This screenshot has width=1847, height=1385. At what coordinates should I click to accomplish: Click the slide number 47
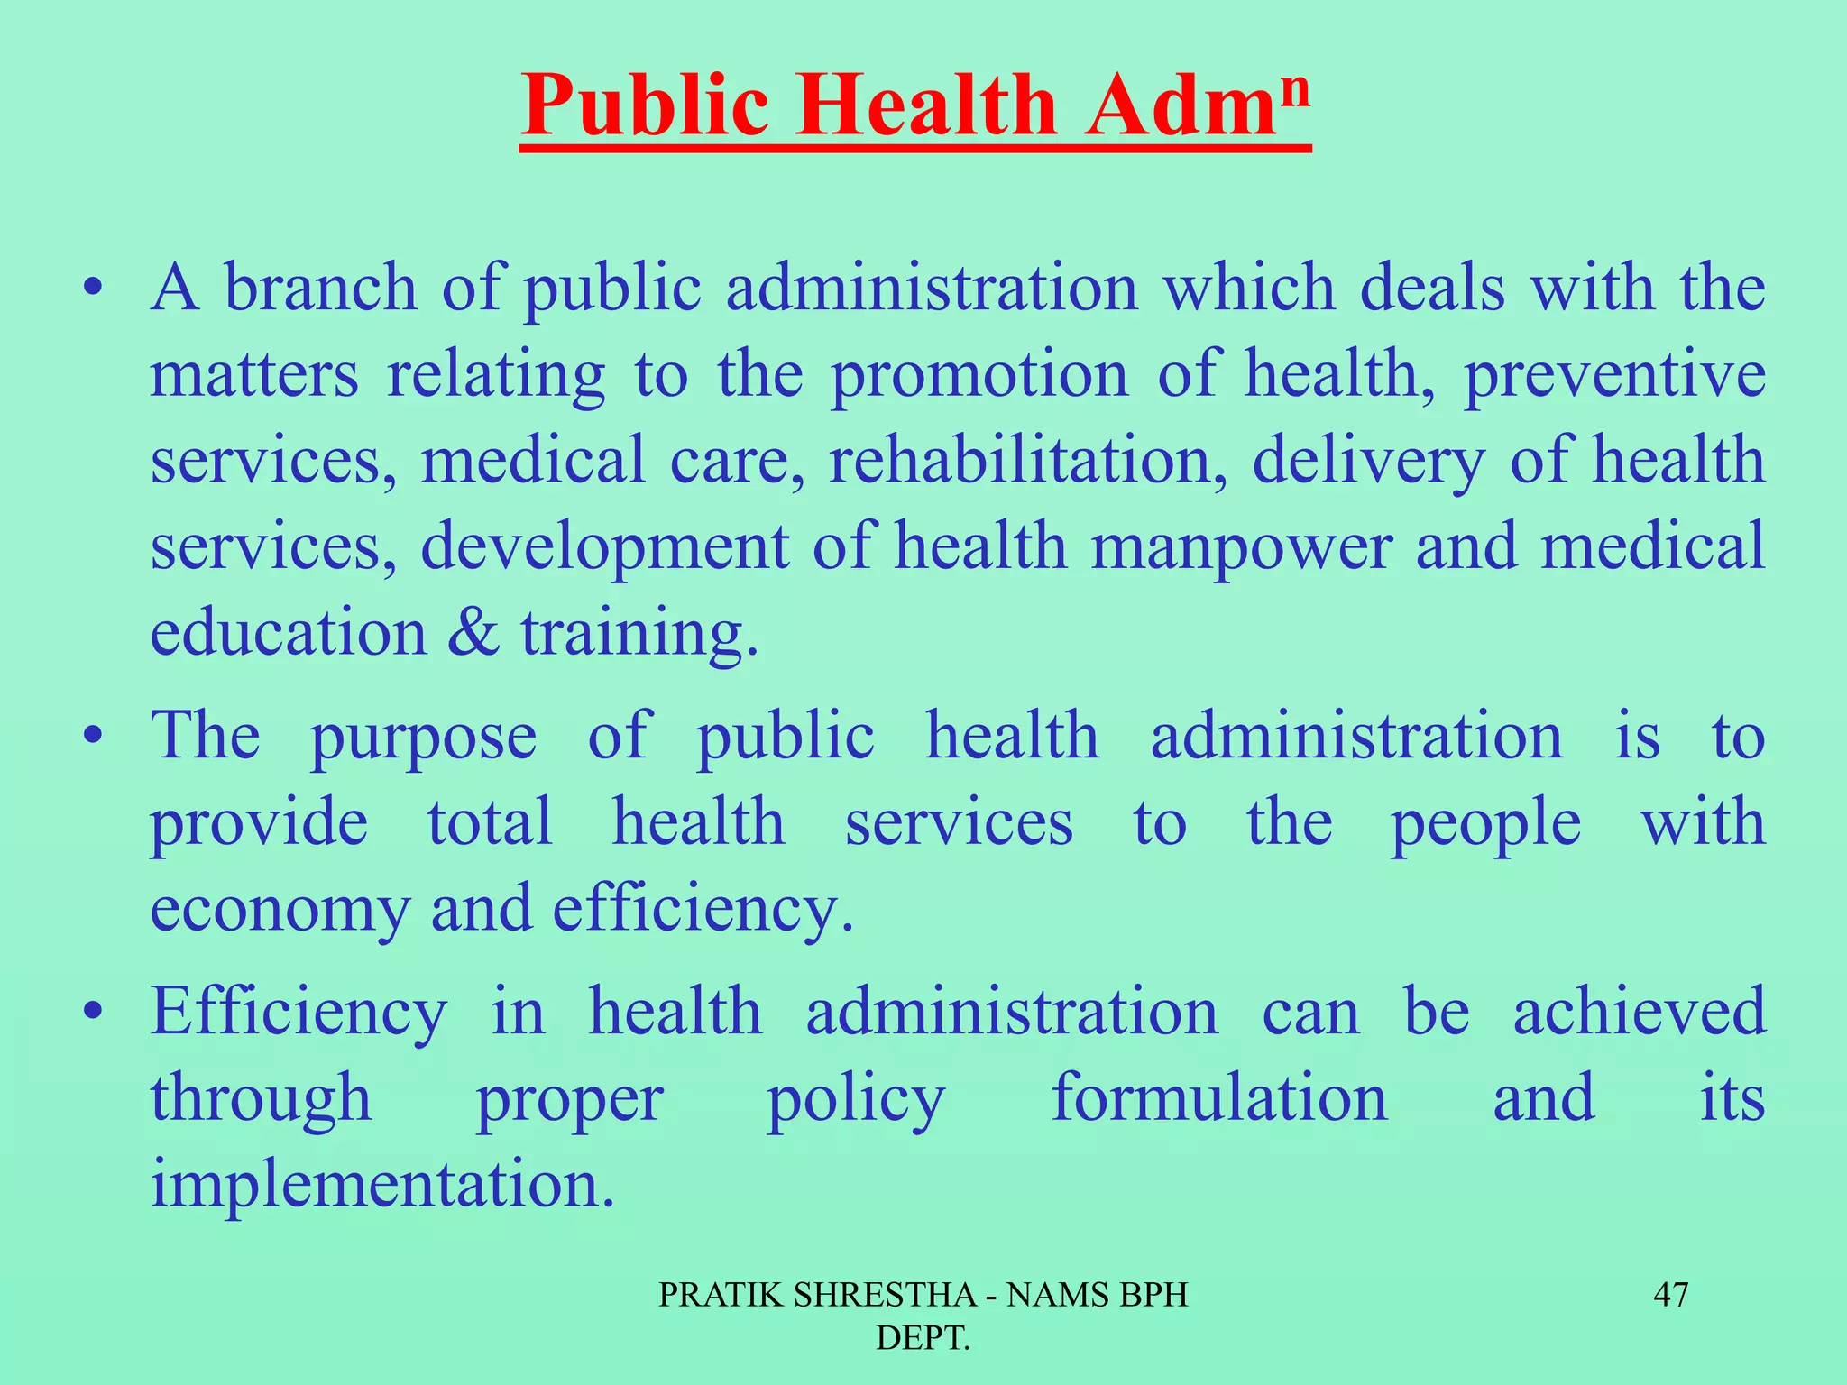[x=1670, y=1295]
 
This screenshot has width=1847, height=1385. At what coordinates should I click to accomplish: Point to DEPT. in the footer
[x=923, y=1338]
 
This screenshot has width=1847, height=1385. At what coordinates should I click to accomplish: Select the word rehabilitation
[x=1027, y=460]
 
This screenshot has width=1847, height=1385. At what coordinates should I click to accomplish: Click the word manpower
[x=1241, y=547]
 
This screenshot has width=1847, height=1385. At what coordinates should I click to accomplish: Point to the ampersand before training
[x=473, y=632]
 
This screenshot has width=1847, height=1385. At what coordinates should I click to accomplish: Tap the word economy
[x=280, y=910]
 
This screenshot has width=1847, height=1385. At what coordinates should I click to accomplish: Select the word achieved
[x=1639, y=1012]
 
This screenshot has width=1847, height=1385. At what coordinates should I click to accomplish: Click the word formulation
[x=1219, y=1098]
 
